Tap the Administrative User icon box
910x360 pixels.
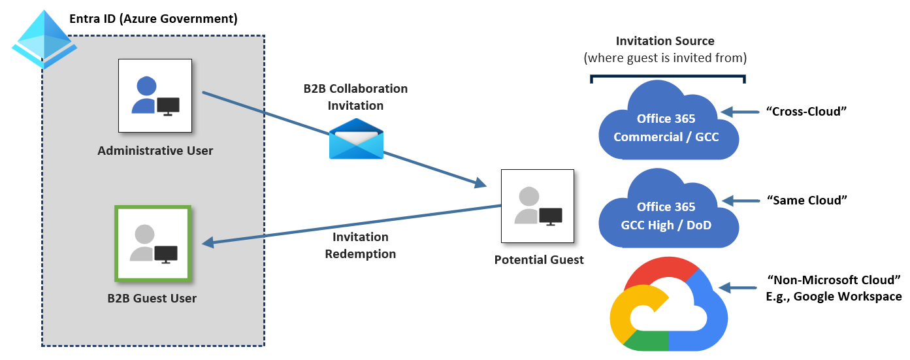(x=155, y=96)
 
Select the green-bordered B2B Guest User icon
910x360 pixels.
(x=153, y=244)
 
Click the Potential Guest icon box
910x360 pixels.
(x=537, y=206)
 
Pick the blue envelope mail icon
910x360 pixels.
(x=356, y=139)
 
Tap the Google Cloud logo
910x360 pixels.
(x=667, y=307)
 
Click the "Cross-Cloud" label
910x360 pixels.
(x=806, y=112)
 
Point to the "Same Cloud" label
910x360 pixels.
(x=806, y=200)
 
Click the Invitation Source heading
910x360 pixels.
(x=665, y=41)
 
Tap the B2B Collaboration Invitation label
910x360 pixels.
(x=355, y=97)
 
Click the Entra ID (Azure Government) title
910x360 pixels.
(x=154, y=18)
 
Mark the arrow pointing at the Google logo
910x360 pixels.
(x=736, y=287)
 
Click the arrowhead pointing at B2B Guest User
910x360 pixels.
(x=208, y=243)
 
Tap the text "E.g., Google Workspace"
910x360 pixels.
(x=834, y=297)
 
